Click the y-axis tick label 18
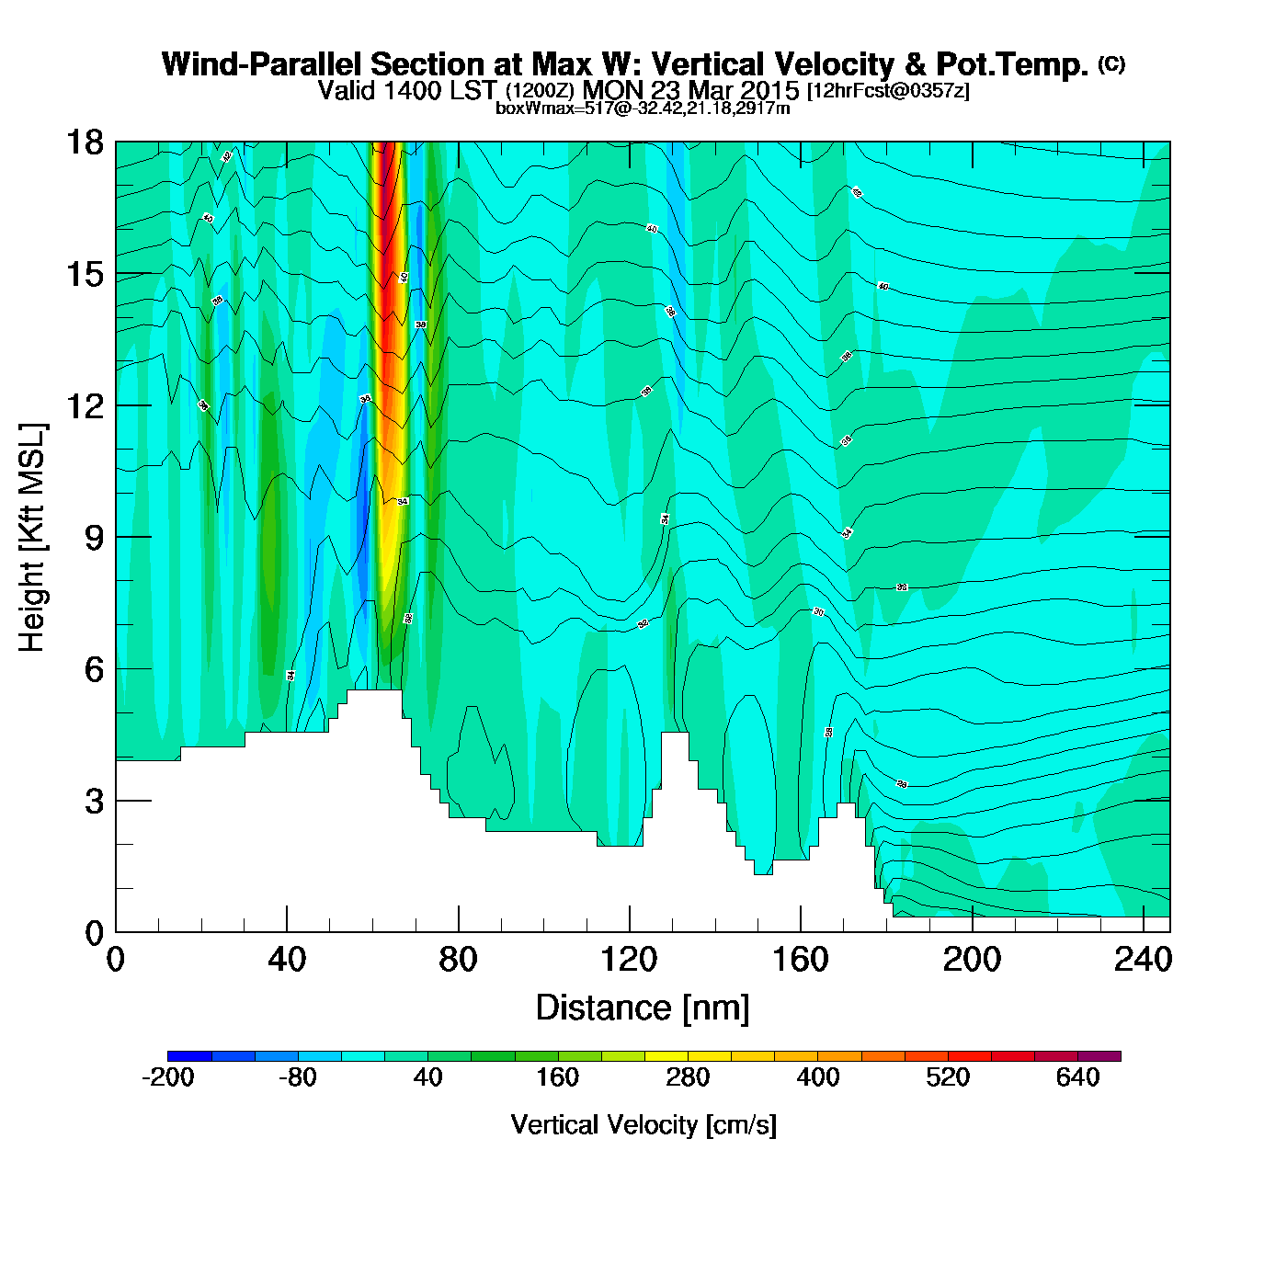[x=84, y=142]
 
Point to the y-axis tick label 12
[x=84, y=405]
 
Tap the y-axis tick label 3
[x=95, y=801]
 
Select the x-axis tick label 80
[x=458, y=960]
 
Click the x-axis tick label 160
[x=801, y=960]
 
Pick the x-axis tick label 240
[x=1143, y=960]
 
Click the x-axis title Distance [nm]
[x=643, y=1008]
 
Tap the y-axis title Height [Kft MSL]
[x=32, y=538]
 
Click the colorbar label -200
[x=168, y=1077]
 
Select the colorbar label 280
[x=688, y=1077]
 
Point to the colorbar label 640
[x=1077, y=1077]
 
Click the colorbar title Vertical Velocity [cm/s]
[x=643, y=1124]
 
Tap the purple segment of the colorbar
[x=1099, y=1056]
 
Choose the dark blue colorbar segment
[x=189, y=1056]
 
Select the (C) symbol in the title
[x=1111, y=63]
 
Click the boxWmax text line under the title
[x=643, y=108]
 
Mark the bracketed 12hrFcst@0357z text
[x=888, y=91]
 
